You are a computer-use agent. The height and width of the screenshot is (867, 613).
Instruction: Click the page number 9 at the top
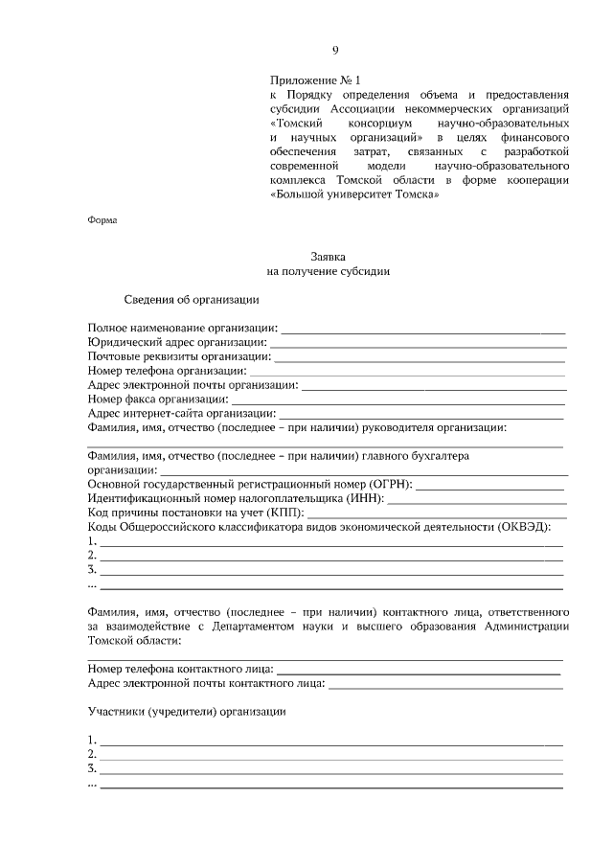335,50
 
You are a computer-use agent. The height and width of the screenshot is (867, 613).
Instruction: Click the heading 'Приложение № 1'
315,81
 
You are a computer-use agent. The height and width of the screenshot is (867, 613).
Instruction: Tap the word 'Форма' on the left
102,219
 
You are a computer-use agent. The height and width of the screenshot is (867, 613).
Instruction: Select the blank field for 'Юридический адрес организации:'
418,342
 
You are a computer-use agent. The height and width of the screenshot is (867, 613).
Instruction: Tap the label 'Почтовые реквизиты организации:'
178,355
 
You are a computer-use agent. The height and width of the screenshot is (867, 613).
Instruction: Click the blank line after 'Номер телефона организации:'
407,370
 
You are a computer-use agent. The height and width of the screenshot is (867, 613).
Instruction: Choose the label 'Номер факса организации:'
157,398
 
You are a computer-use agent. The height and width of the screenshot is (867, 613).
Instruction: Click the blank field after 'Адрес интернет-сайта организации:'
420,412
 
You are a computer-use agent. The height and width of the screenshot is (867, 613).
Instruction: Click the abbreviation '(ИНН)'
362,498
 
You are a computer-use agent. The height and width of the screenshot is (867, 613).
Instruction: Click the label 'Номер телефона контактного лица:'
180,668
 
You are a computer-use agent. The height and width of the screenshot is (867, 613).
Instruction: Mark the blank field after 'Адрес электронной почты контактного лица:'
445,683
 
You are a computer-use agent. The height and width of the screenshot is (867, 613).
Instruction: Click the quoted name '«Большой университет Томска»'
354,193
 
